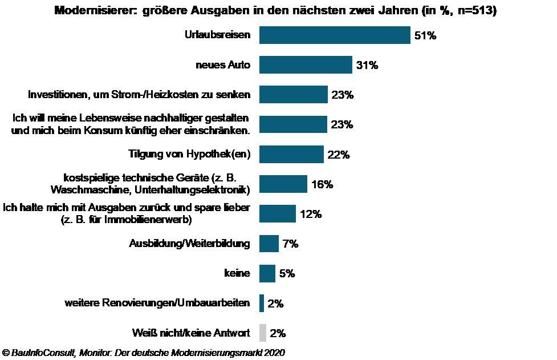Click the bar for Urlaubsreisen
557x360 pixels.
point(335,35)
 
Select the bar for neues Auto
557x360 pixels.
point(306,65)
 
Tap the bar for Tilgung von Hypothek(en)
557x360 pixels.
point(291,154)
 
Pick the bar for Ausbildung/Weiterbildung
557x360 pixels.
point(269,244)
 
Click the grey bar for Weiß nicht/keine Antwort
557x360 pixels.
point(262,333)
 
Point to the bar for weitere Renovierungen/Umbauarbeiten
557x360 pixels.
point(262,303)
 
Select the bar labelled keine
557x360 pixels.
point(267,273)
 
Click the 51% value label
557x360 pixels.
point(425,35)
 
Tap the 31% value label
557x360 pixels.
point(367,65)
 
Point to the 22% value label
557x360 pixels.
point(338,155)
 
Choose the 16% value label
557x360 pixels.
point(322,184)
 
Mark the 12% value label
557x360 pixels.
point(311,214)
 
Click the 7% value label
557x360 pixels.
point(291,244)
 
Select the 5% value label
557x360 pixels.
point(287,273)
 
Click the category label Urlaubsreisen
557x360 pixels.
point(217,35)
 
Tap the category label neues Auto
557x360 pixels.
point(222,65)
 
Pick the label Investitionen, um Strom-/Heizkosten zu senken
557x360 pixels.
point(139,95)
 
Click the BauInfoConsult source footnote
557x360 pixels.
point(143,353)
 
